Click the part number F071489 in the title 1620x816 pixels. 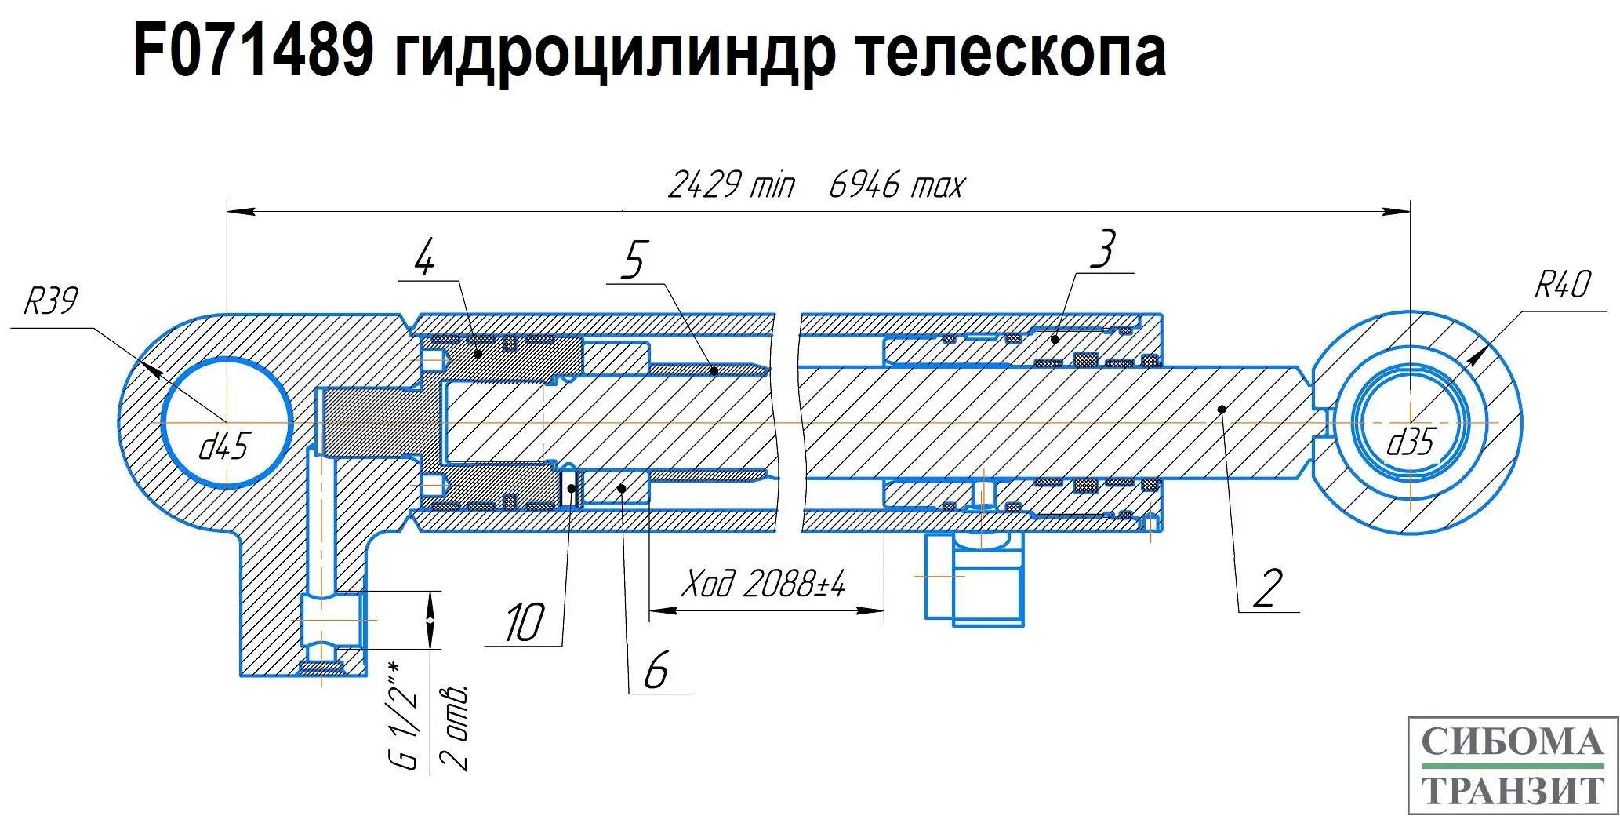tap(252, 51)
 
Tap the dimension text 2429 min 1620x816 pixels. tap(731, 185)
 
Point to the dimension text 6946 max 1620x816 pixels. tap(897, 185)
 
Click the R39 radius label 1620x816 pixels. tap(51, 301)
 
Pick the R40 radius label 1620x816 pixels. tap(1562, 284)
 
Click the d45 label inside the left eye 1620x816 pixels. tap(223, 446)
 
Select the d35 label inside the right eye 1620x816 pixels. tap(1411, 443)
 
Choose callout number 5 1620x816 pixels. tap(634, 260)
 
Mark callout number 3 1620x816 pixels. tap(1103, 250)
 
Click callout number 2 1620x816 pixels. tap(1268, 588)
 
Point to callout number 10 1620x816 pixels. tap(524, 624)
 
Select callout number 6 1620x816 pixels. tap(656, 671)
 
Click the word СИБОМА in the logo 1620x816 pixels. tap(1512, 741)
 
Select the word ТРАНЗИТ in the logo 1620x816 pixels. tap(1513, 791)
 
